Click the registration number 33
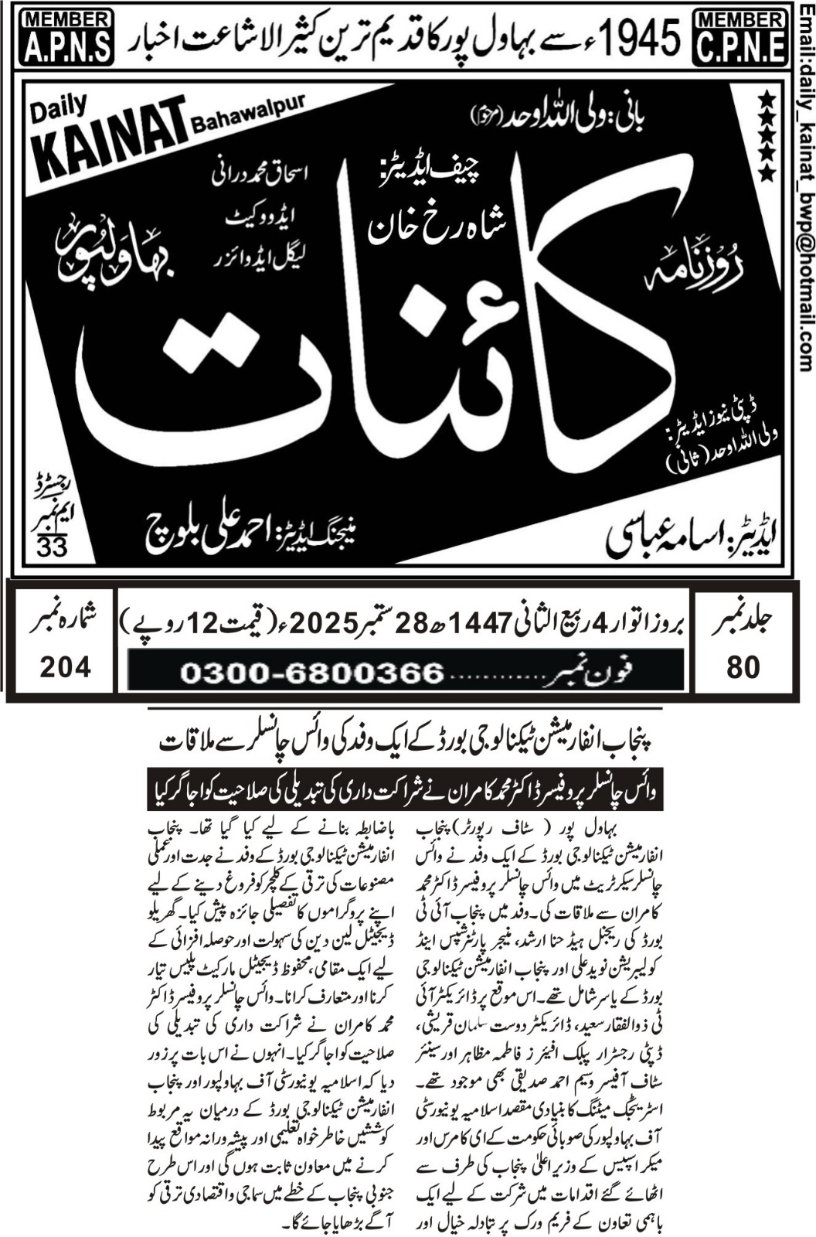pyautogui.click(x=52, y=547)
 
